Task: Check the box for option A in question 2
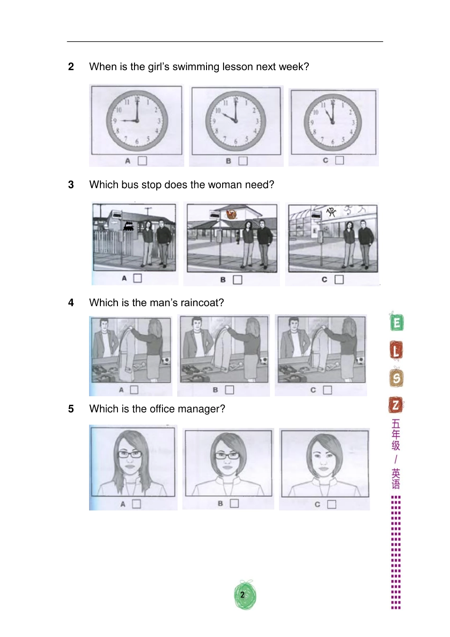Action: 142,161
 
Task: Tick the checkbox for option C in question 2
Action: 339,160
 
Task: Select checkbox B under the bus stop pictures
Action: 237,280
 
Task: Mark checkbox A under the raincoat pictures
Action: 134,390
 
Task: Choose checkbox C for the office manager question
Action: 332,504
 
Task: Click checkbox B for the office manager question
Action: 234,503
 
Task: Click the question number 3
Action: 71,185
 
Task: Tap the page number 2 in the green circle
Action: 243,595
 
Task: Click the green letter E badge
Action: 396,323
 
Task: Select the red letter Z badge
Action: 396,405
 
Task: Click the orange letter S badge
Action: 396,378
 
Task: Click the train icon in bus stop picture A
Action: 128,227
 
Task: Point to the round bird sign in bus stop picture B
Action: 231,215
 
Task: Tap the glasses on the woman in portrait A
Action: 130,454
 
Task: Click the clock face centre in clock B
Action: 236,121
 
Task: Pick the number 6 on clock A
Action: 136,142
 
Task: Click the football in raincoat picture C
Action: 360,361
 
